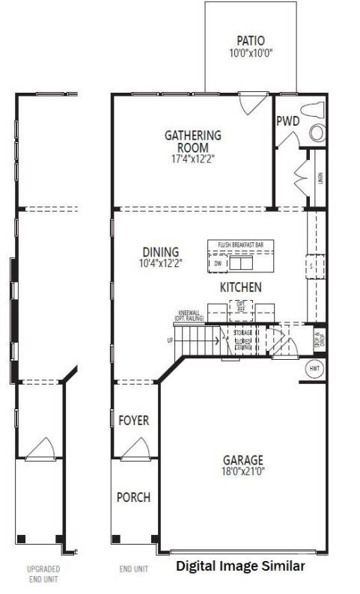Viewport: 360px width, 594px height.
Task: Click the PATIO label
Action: tap(251, 41)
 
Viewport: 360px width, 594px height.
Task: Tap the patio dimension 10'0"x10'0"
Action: tap(251, 54)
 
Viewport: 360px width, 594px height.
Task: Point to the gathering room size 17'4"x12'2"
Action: tap(193, 158)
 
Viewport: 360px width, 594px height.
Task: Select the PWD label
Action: tap(287, 121)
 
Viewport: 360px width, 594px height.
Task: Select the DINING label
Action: tap(160, 251)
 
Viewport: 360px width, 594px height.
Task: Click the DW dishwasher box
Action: tap(218, 264)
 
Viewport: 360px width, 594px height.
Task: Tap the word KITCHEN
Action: tap(240, 287)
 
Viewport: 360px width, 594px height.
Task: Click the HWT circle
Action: tap(315, 369)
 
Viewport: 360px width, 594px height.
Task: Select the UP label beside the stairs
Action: tap(170, 341)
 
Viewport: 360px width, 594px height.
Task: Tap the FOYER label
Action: tap(134, 420)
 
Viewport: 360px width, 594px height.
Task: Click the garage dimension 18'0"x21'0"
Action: tap(243, 471)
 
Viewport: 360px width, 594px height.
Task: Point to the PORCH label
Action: tap(133, 497)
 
